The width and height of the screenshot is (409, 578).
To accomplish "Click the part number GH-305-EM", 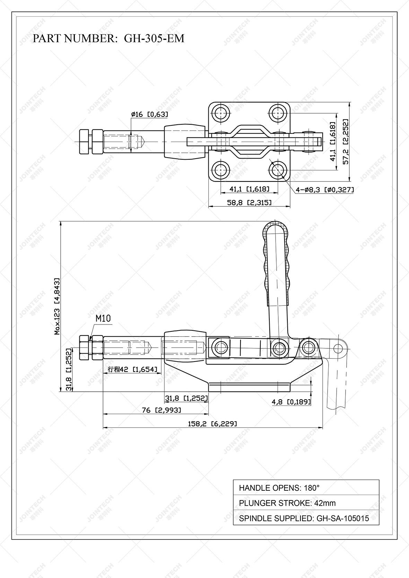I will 154,38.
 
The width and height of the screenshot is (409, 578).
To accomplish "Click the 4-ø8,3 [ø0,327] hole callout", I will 324,189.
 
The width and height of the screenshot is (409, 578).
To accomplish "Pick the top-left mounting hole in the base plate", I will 221,113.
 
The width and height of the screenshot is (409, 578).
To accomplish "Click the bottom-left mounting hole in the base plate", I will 221,170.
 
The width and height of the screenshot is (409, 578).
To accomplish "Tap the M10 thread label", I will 103,318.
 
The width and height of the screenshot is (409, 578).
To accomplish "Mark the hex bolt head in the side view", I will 84,347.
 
